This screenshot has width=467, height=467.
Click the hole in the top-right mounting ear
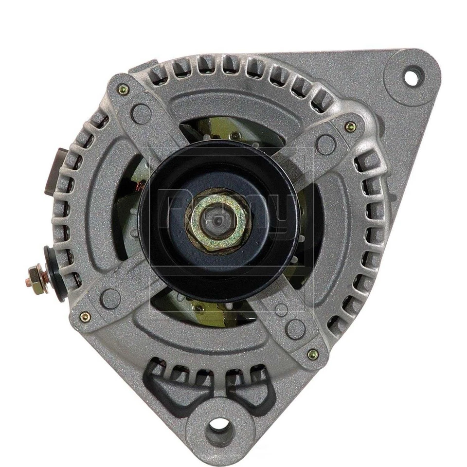(x=411, y=77)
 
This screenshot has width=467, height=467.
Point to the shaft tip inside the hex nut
(x=217, y=221)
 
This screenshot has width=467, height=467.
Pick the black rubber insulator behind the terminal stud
(x=54, y=273)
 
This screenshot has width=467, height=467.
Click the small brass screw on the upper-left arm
(x=124, y=89)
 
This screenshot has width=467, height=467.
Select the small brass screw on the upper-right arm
(x=350, y=127)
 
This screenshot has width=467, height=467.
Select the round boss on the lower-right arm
(x=295, y=329)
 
